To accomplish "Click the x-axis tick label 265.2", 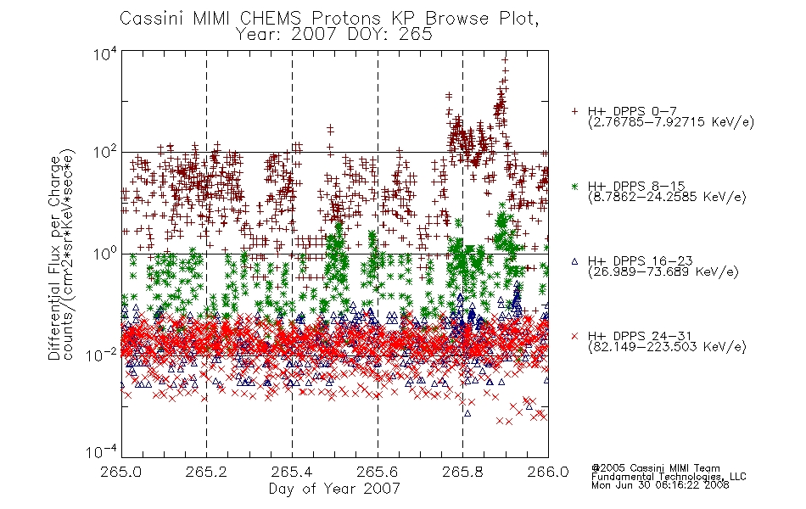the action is [206, 472].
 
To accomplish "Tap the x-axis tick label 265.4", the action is [292, 472].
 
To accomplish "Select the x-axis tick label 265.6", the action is [378, 472].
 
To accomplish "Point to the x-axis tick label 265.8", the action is [462, 472].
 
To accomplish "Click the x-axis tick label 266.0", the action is [548, 472].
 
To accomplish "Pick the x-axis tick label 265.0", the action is [121, 472].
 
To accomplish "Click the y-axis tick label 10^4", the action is [105, 53].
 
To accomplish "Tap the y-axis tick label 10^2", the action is [105, 153].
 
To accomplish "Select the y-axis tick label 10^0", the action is [105, 254].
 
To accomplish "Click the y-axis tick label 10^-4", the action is [102, 451].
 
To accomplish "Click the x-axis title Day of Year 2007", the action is [334, 489].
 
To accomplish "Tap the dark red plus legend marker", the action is [574, 111].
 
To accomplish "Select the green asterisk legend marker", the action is [574, 186].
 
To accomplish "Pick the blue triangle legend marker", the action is [574, 261].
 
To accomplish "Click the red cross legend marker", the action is [574, 336].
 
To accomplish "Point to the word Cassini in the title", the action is [152, 19].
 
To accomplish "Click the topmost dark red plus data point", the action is [506, 59].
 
